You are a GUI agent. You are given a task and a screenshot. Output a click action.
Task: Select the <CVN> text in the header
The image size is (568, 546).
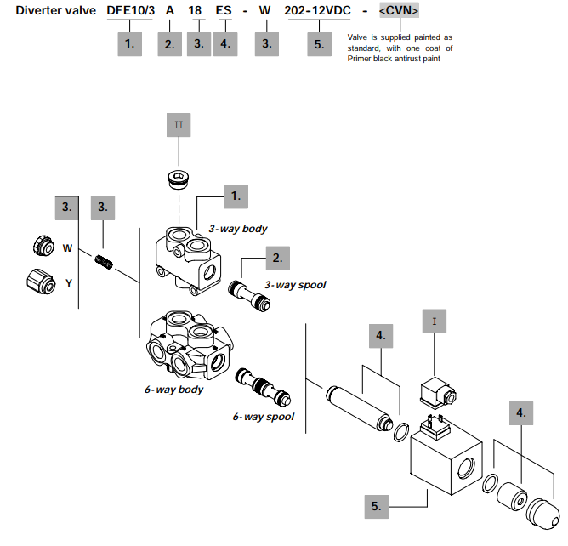click(399, 11)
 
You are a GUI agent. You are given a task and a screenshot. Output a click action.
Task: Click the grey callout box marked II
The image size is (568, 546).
click(179, 128)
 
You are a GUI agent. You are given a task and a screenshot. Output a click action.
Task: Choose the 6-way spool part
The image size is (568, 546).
click(263, 386)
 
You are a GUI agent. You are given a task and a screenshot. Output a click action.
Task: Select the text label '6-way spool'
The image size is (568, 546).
click(263, 417)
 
